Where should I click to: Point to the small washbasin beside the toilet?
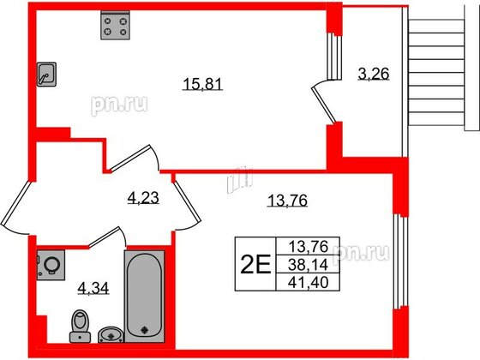(108, 334)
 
